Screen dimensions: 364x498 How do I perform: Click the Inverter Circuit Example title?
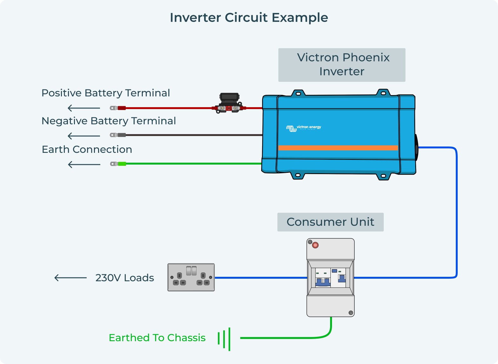(x=249, y=18)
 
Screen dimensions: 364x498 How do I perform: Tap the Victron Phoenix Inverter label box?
(x=342, y=65)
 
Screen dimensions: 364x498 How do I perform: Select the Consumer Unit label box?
(x=330, y=222)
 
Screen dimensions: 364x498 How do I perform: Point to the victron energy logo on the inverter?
(x=303, y=128)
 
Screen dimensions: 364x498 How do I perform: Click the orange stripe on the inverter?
(x=338, y=148)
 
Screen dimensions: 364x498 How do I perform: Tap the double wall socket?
(x=191, y=277)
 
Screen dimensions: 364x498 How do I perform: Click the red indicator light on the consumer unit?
(x=315, y=245)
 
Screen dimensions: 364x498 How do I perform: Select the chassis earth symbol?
(x=224, y=339)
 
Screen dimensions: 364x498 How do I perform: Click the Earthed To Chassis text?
(x=157, y=338)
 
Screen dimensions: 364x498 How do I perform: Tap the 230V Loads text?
(x=124, y=278)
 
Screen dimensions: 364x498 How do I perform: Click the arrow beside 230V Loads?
(x=70, y=278)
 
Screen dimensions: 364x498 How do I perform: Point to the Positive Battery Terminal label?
(x=106, y=93)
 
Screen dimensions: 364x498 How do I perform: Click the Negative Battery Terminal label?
(x=109, y=121)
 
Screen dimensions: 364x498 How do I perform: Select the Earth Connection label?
(x=87, y=149)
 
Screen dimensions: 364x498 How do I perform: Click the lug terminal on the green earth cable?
(x=114, y=164)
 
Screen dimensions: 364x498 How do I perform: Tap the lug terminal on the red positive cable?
(x=114, y=108)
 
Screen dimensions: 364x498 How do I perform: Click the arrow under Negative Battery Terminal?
(x=84, y=136)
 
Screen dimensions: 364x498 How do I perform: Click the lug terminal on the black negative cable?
(x=114, y=135)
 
